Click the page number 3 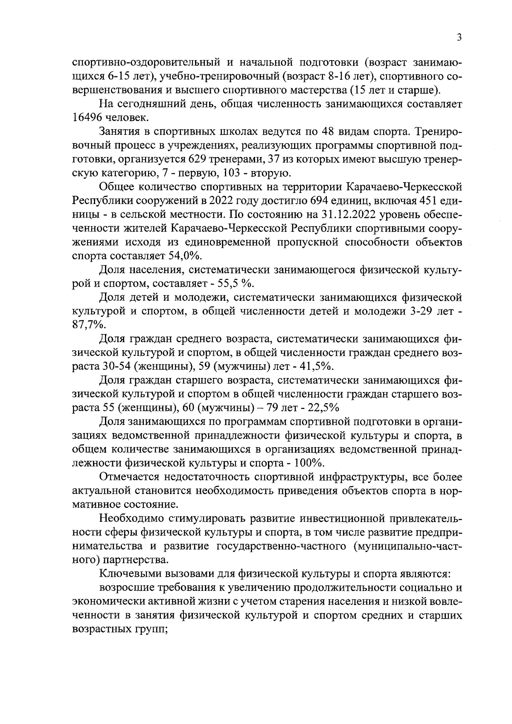pos(459,38)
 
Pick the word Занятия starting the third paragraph pos(117,131)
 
